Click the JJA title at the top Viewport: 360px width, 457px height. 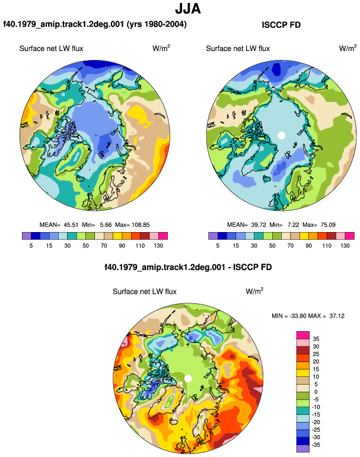[x=188, y=9]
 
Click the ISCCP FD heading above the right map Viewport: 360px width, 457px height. [x=281, y=25]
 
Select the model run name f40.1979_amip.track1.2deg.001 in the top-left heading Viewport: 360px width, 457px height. [x=63, y=24]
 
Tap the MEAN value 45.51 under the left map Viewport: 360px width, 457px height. [x=71, y=225]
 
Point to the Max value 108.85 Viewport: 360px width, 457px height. [x=141, y=225]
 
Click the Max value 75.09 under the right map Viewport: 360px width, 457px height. [x=328, y=225]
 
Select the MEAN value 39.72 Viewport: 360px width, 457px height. [x=259, y=225]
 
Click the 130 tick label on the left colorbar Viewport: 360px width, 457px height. [x=158, y=246]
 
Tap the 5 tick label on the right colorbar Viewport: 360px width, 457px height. [x=218, y=246]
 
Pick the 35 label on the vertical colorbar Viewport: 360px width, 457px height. [x=316, y=339]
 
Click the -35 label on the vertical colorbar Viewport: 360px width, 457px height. [x=315, y=445]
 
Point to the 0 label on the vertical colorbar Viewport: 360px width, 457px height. [x=316, y=392]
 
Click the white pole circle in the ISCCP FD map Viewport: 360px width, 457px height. [x=281, y=135]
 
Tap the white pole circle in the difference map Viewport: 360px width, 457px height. [x=188, y=378]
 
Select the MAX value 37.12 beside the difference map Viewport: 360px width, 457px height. [x=337, y=316]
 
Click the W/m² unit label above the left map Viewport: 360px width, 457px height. [x=161, y=48]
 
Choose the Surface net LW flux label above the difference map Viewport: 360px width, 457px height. [x=145, y=291]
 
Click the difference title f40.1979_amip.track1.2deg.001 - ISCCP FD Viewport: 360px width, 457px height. [x=188, y=267]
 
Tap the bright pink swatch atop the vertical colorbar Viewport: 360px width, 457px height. [x=303, y=335]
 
